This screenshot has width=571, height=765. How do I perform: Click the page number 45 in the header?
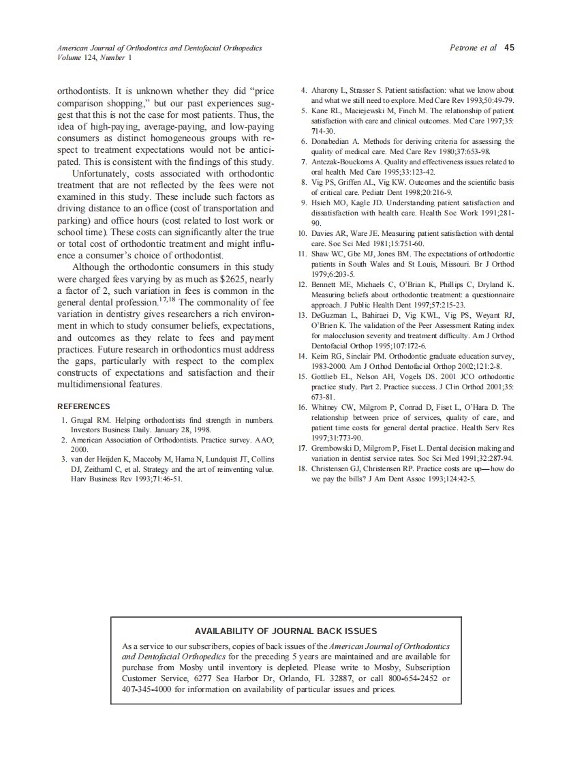(510, 48)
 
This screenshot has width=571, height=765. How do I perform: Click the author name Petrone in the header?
(465, 48)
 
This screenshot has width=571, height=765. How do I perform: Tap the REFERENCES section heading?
(84, 406)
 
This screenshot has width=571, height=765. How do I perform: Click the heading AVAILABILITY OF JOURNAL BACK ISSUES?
(285, 631)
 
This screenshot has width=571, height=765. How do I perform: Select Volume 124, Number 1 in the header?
(94, 58)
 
